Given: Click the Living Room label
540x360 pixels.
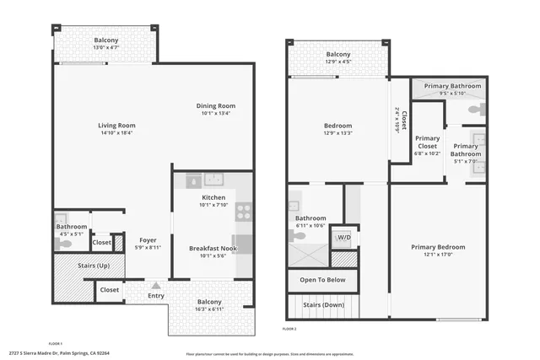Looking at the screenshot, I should click(x=116, y=126).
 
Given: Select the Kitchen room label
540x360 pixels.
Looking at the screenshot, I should click(x=213, y=196).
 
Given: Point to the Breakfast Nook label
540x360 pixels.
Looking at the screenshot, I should click(x=213, y=249).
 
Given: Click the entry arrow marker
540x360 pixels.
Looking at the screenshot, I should click(x=155, y=287).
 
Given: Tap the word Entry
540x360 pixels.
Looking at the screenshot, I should click(x=156, y=296).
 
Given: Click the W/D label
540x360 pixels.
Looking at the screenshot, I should click(x=344, y=237).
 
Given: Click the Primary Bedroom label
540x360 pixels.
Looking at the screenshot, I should click(x=438, y=247).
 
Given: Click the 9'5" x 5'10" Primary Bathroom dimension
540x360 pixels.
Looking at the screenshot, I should click(x=453, y=93).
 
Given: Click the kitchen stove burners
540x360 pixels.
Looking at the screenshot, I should click(x=244, y=211).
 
